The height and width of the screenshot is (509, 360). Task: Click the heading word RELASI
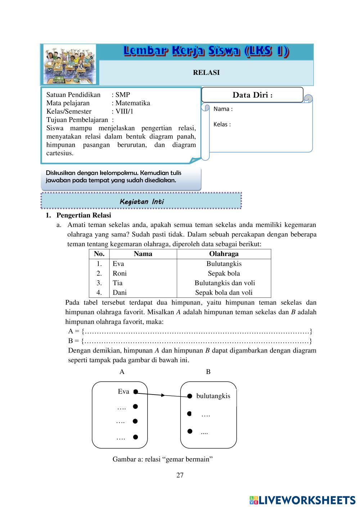(206, 72)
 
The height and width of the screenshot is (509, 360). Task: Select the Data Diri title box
(252, 95)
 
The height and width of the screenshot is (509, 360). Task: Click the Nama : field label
(223, 109)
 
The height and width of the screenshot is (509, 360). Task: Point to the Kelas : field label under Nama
(222, 125)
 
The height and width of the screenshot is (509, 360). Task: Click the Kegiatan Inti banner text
(141, 202)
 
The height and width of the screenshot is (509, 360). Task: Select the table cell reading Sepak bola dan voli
(224, 293)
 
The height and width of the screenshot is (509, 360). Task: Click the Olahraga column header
(224, 254)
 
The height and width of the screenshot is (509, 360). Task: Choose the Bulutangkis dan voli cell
(224, 283)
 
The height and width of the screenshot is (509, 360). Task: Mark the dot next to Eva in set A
(136, 392)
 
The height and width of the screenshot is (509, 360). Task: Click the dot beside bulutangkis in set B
(190, 396)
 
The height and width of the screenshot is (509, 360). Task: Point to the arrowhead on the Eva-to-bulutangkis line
(163, 395)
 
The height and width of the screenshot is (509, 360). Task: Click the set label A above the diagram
(122, 372)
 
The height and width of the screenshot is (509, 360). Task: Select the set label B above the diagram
(208, 372)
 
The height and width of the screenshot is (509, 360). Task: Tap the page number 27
(180, 475)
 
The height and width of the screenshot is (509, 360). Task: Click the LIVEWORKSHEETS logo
(302, 500)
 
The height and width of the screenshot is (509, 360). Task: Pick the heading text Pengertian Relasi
(84, 215)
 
